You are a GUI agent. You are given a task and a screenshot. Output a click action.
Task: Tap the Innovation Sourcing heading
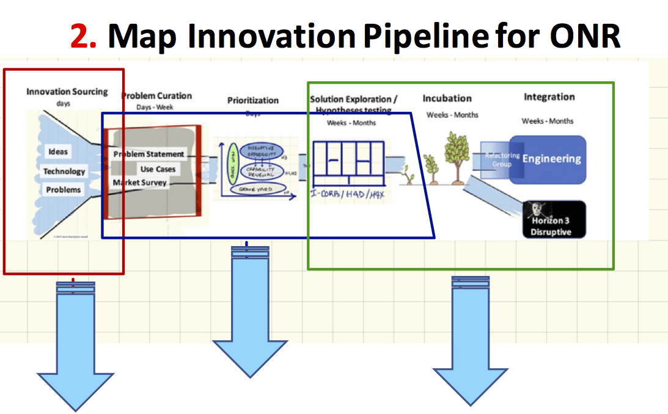(x=67, y=92)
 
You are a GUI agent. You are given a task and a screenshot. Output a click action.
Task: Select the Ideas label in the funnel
(x=59, y=151)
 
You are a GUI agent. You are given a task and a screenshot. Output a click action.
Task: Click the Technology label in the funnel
(x=64, y=171)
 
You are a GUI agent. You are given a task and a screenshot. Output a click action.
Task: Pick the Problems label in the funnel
(x=64, y=190)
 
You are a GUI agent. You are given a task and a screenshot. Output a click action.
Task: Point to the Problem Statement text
(x=149, y=154)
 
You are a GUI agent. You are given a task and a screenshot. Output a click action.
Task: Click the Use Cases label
(x=158, y=169)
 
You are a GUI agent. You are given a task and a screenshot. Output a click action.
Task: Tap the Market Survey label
(x=139, y=182)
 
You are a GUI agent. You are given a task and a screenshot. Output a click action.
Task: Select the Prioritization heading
(x=253, y=100)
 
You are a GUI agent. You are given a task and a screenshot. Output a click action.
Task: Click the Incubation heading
(x=447, y=98)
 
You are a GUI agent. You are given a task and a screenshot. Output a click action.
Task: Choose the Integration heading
(x=549, y=97)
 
